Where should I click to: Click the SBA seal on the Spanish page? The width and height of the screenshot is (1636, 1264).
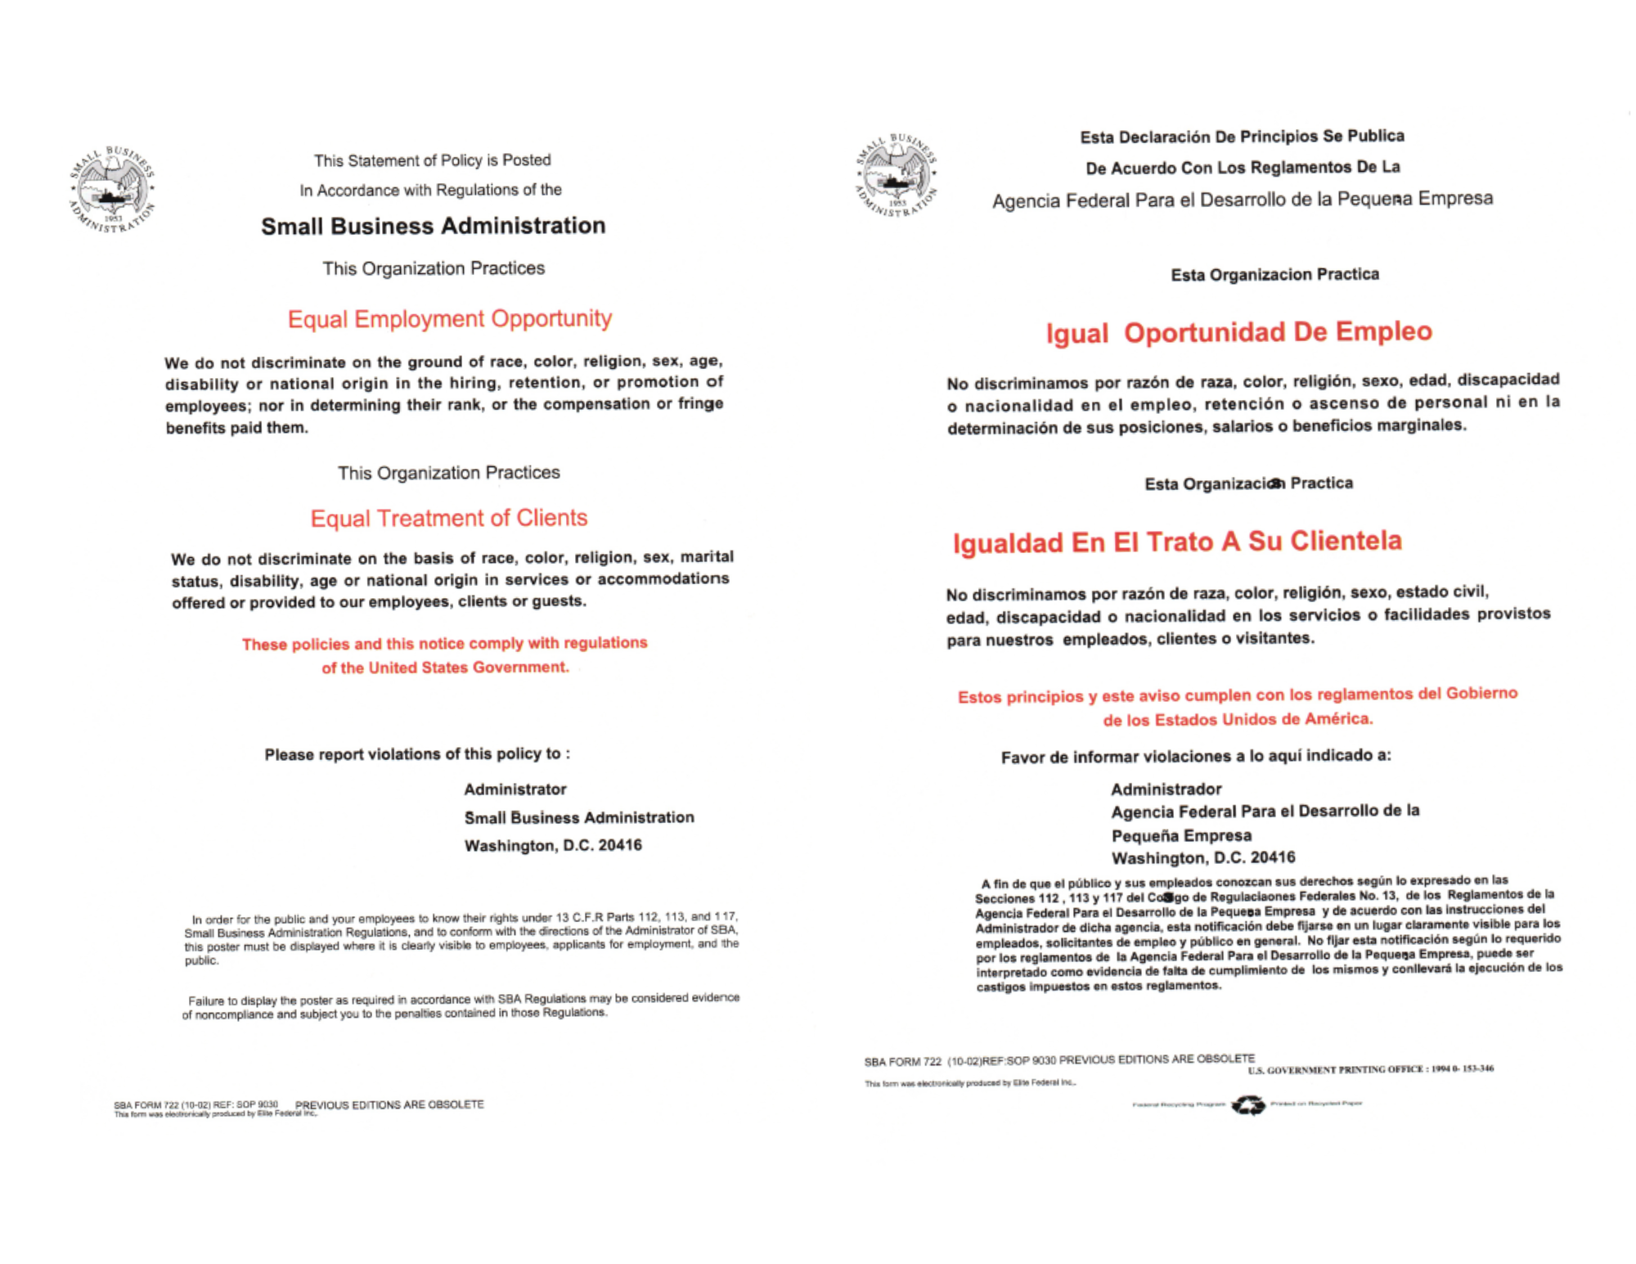coord(897,176)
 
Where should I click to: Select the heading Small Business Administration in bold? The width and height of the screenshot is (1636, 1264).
coord(433,226)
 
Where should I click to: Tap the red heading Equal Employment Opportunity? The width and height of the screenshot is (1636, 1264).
coord(449,318)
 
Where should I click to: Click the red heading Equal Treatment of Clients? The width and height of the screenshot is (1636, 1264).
coord(448,518)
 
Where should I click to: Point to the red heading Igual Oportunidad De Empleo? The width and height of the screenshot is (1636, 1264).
coord(1238,332)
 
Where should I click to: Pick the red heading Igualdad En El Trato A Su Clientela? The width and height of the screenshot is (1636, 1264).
coord(1177,542)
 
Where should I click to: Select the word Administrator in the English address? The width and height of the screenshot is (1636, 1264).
coord(515,789)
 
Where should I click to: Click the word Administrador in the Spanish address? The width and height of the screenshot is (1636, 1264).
coord(1166,789)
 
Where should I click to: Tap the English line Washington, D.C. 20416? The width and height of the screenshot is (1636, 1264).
coord(553,845)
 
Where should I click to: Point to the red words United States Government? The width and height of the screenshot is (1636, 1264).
coord(468,668)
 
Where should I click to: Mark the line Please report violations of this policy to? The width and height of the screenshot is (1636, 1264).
coord(417,754)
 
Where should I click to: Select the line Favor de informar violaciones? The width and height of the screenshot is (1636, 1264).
coord(1195,757)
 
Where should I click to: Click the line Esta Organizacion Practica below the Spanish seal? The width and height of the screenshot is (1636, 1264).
coord(1274,275)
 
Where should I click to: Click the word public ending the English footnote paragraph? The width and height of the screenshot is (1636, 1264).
coord(201,960)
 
